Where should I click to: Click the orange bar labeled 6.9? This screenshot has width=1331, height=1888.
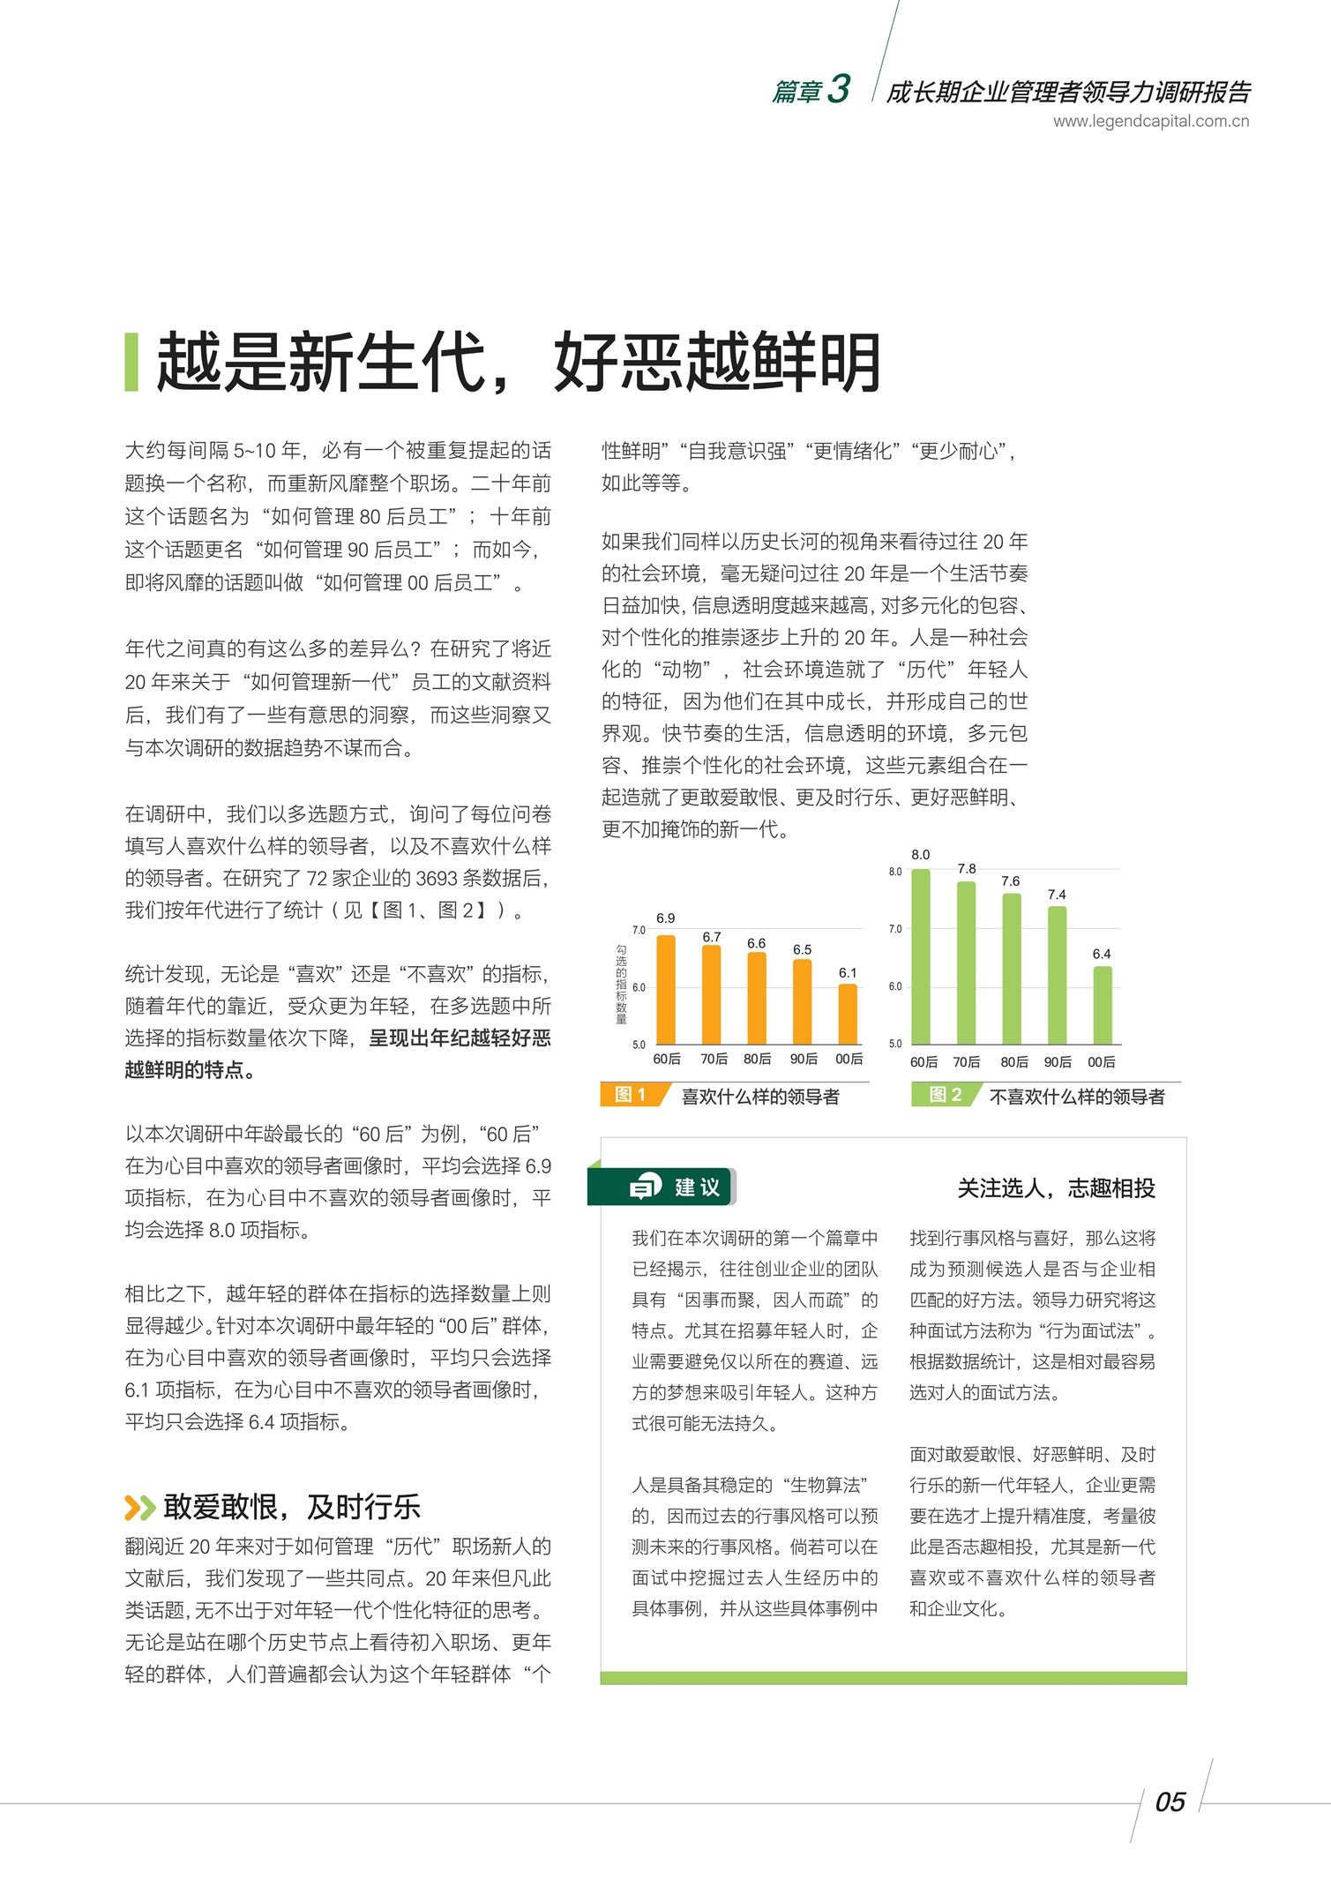point(666,990)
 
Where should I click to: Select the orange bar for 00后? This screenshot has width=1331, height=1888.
point(848,1015)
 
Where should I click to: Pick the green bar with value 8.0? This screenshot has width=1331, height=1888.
point(921,957)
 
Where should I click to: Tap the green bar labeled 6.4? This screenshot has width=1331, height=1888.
point(1103,1006)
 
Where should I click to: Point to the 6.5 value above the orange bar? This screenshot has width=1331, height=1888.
point(802,949)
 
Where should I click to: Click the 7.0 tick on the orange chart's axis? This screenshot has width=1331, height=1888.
point(639,930)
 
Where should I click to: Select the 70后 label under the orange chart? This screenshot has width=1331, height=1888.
point(714,1059)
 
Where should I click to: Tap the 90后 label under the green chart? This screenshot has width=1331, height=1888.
point(1058,1062)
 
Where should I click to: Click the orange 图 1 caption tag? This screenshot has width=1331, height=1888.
point(632,1095)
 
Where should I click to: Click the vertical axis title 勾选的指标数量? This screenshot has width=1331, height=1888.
point(621,984)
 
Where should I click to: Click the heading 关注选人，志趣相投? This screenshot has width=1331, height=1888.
point(1056,1188)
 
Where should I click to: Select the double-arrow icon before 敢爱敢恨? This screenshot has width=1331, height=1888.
point(139,1507)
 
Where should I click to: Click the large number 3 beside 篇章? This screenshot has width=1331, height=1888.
point(839,89)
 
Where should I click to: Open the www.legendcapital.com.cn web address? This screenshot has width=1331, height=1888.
point(1150,122)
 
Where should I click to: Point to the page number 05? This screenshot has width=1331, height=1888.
point(1170,1802)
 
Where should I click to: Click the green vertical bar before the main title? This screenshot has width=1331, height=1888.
point(131,362)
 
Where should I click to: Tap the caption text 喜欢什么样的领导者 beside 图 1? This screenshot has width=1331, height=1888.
point(760,1097)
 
